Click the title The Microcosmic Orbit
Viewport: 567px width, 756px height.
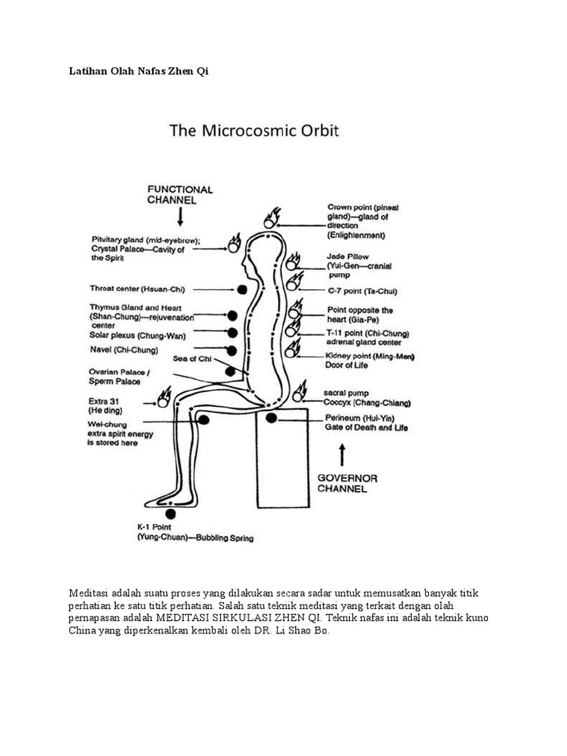pyautogui.click(x=254, y=131)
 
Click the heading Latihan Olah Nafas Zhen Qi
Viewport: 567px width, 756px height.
pyautogui.click(x=139, y=72)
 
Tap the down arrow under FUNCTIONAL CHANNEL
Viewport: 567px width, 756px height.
pyautogui.click(x=180, y=217)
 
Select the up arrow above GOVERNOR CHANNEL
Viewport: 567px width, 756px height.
pyautogui.click(x=343, y=455)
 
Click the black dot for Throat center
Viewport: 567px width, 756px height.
pyautogui.click(x=242, y=289)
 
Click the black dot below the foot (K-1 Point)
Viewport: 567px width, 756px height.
pyautogui.click(x=171, y=514)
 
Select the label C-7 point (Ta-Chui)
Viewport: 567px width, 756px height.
pyautogui.click(x=362, y=291)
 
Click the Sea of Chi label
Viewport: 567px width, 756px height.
pyautogui.click(x=192, y=359)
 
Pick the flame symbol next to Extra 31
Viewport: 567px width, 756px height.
pyautogui.click(x=163, y=397)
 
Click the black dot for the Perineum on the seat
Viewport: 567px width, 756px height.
pyautogui.click(x=272, y=418)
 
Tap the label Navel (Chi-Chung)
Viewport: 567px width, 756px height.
pyautogui.click(x=124, y=350)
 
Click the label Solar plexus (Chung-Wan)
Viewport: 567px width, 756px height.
pyautogui.click(x=137, y=336)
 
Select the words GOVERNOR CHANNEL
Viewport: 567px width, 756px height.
pyautogui.click(x=347, y=484)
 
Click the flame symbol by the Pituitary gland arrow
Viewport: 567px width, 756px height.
pyautogui.click(x=235, y=244)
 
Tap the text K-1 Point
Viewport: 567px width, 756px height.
pyautogui.click(x=154, y=527)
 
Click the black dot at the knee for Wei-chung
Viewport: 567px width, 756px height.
pyautogui.click(x=204, y=420)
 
